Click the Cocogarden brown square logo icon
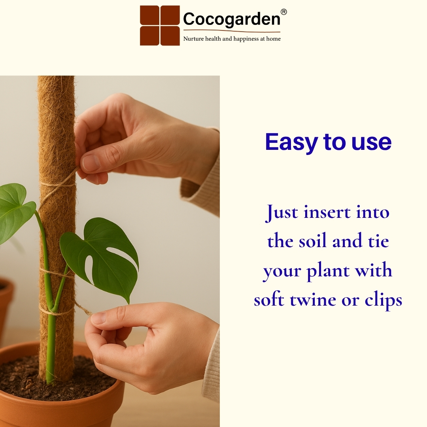coord(160,25)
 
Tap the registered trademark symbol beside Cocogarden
coord(283,12)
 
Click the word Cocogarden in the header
coord(232,19)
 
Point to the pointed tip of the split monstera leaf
coord(128,303)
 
